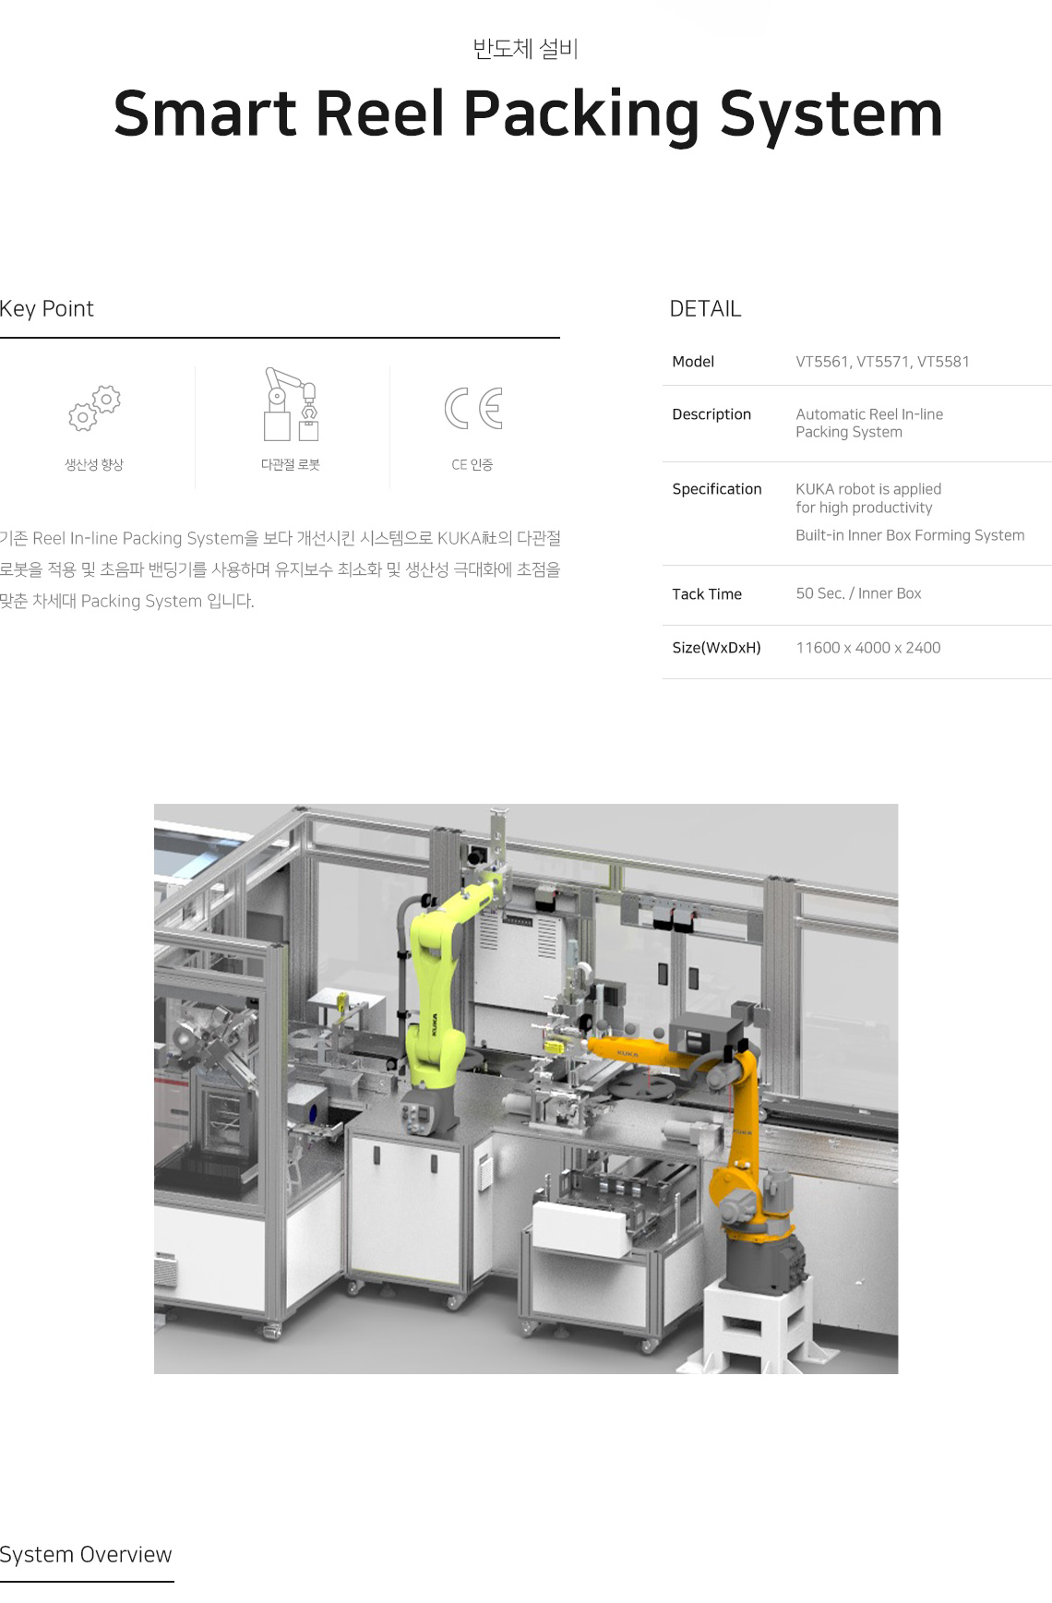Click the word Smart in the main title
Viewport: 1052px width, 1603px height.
tap(204, 114)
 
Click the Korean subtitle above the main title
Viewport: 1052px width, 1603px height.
tap(525, 48)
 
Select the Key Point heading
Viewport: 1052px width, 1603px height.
tap(47, 308)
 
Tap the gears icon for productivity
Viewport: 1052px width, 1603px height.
tap(94, 408)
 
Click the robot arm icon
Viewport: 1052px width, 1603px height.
tap(291, 404)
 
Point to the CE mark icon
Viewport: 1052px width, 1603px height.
tap(473, 408)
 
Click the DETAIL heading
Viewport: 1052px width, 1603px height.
tap(705, 309)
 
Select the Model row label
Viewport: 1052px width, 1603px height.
tap(693, 362)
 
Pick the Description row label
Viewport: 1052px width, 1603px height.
tap(711, 414)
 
